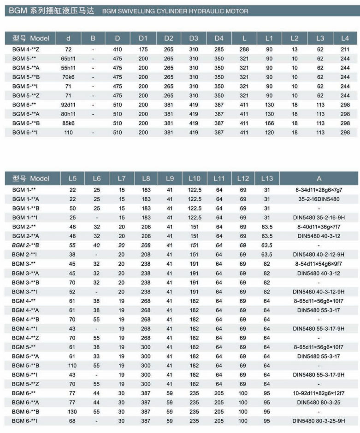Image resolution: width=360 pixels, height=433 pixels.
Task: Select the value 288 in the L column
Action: pyautogui.click(x=244, y=49)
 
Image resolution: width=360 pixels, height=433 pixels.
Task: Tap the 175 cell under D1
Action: pyautogui.click(x=143, y=49)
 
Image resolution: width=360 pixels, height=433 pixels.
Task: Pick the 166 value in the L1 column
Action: pyautogui.click(x=269, y=123)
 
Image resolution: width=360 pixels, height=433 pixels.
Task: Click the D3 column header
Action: pyautogui.click(x=194, y=38)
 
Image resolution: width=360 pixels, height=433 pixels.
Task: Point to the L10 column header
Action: pyautogui.click(x=195, y=178)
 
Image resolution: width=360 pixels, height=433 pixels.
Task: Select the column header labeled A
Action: pyautogui.click(x=319, y=178)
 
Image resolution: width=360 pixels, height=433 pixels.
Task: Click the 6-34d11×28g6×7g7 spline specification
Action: pyautogui.click(x=319, y=189)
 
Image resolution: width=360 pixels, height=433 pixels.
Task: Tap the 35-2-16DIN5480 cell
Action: pyautogui.click(x=319, y=199)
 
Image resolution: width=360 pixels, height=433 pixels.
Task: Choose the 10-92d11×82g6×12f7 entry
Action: pyautogui.click(x=319, y=393)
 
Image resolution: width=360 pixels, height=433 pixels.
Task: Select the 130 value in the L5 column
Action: pyautogui.click(x=72, y=411)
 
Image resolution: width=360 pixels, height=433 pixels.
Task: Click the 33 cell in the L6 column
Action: pyautogui.click(x=96, y=356)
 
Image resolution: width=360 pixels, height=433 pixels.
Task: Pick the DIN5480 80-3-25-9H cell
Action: pyautogui.click(x=319, y=421)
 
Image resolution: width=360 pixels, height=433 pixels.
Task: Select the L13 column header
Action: pyautogui.click(x=267, y=178)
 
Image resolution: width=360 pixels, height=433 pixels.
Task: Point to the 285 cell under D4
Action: pyautogui.click(x=219, y=49)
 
